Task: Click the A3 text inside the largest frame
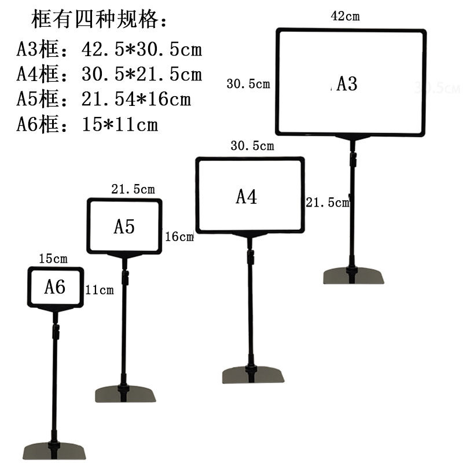click(347, 84)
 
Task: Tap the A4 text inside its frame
click(246, 197)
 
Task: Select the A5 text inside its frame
click(124, 226)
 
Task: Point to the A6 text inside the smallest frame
click(55, 286)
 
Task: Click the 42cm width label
click(345, 16)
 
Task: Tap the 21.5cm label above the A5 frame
click(133, 189)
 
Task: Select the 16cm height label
click(179, 236)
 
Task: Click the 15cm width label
click(53, 259)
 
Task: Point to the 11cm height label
click(100, 289)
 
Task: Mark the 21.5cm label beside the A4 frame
click(328, 203)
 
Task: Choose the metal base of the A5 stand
click(126, 394)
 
